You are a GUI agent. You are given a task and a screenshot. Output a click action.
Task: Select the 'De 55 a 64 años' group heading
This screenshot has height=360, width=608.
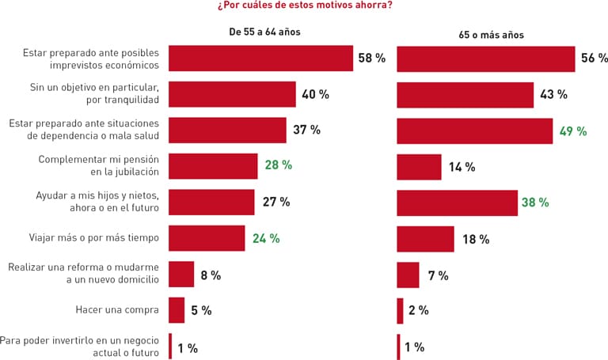tap(264, 32)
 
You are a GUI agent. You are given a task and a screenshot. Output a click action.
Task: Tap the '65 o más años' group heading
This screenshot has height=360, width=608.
tap(490, 35)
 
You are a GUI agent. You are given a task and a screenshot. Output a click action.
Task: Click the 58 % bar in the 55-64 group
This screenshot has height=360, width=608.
tap(260, 59)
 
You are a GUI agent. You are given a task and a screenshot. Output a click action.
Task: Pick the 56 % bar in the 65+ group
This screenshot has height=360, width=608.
tap(485, 59)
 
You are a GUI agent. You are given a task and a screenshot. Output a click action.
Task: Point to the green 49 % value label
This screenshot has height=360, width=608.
tap(573, 131)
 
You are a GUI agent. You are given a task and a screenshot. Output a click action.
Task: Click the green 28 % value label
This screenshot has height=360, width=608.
tap(279, 165)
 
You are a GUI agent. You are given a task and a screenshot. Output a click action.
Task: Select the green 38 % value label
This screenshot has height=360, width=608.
tap(535, 203)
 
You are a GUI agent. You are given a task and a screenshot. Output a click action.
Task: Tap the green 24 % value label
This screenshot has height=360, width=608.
tap(266, 238)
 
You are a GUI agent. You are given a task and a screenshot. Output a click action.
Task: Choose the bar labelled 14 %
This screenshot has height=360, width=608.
tap(419, 167)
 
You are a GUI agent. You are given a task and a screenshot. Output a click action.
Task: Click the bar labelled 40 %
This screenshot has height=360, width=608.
tap(232, 94)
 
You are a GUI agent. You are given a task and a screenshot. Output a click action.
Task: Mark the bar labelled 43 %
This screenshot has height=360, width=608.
tap(465, 94)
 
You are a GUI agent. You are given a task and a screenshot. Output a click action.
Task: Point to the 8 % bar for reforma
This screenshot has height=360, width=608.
tap(181, 275)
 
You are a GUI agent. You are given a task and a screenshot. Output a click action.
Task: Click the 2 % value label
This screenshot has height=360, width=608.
tap(418, 310)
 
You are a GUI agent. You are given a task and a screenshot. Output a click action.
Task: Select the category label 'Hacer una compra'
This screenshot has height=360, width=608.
tap(123, 311)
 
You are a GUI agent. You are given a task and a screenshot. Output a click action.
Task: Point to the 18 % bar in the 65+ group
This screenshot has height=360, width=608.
tap(425, 239)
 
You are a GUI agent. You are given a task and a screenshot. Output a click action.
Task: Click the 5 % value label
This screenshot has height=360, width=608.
tap(201, 311)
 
